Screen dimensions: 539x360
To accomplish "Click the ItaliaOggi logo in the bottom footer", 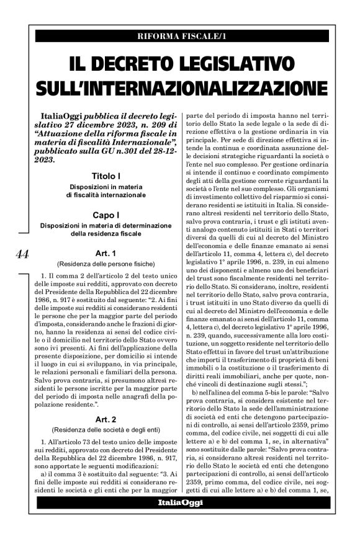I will pos(180,502).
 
